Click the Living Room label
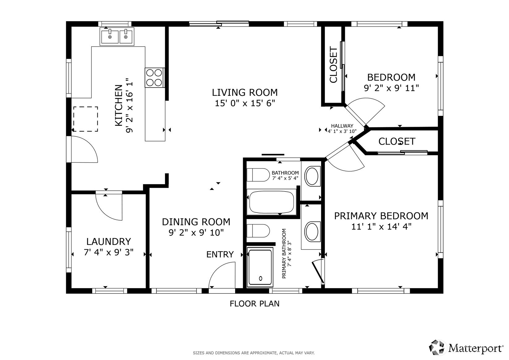point(245,92)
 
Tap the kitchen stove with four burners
point(154,78)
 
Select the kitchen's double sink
point(117,36)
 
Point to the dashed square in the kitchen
point(86,119)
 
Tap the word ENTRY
point(220,255)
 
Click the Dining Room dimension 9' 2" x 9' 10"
point(196,233)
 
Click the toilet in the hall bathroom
point(258,175)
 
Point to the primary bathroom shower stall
point(260,267)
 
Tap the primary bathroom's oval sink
point(312,232)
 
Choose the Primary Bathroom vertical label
point(286,254)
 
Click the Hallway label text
point(342,126)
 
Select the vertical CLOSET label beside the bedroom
point(333,65)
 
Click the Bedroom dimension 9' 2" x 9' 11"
point(391,88)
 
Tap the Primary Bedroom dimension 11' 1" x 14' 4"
point(381,226)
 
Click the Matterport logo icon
point(436,348)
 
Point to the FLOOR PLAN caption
point(255,304)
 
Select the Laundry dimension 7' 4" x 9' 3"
point(108,252)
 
